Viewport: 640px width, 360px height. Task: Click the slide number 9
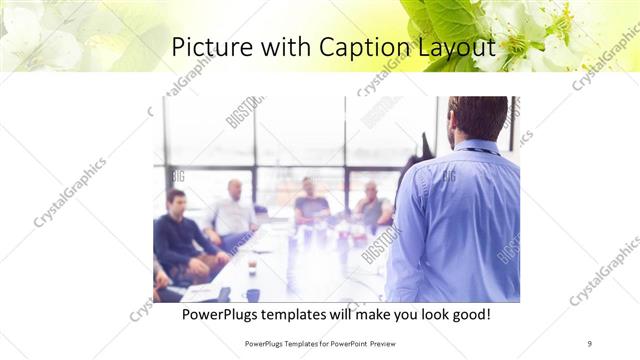click(589, 343)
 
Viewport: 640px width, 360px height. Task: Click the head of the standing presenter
click(476, 118)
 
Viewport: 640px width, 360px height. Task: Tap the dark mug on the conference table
click(252, 294)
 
